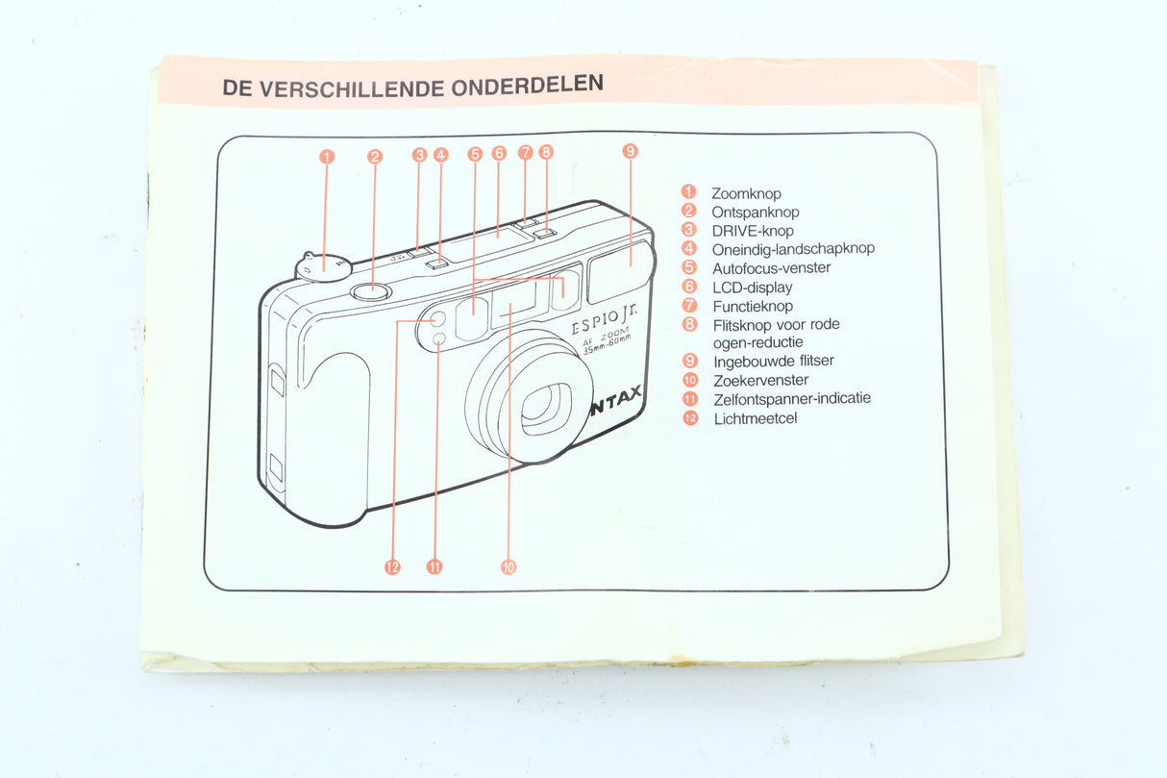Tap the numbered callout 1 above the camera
(327, 156)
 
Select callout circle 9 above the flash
(630, 150)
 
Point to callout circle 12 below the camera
(392, 566)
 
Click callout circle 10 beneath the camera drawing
(509, 566)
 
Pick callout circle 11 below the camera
(435, 566)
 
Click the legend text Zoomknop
(746, 193)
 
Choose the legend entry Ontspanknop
(755, 212)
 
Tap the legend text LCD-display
(752, 287)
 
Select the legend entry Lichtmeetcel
(755, 418)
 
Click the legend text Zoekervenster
(759, 380)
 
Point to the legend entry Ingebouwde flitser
(773, 361)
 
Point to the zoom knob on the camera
(321, 266)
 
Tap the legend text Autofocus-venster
(771, 268)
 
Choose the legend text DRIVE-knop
(753, 231)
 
